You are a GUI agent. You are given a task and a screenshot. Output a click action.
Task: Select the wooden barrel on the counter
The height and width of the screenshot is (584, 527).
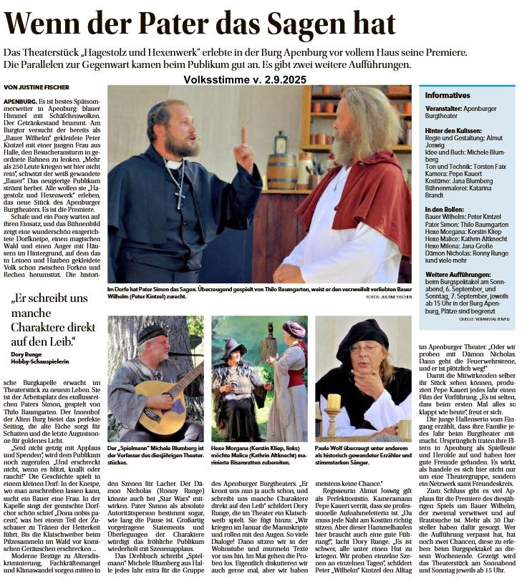pos(281,170)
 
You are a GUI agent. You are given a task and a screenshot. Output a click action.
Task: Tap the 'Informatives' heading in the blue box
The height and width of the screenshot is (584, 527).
pos(448,95)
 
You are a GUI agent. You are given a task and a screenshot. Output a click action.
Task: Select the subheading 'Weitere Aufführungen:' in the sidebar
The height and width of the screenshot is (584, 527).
pos(458,274)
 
